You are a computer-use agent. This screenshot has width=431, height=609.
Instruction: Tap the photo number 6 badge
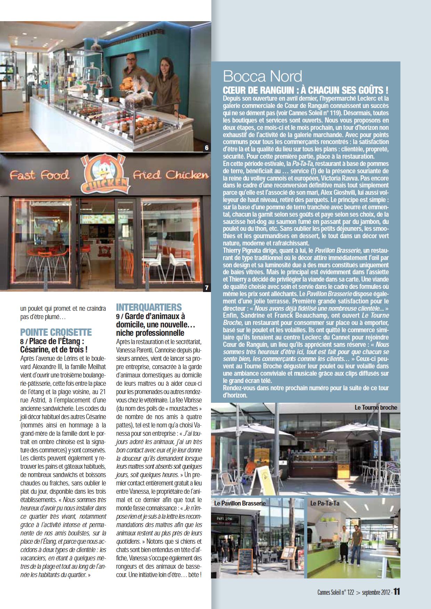207,148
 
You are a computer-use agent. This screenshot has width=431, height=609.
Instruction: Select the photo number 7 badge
207,287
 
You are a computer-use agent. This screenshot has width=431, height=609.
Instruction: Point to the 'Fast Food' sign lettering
39,175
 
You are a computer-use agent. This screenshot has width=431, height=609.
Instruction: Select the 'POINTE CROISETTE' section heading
56,332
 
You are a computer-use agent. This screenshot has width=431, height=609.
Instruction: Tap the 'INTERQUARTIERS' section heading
149,307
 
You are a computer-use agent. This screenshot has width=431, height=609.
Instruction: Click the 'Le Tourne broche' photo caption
376,408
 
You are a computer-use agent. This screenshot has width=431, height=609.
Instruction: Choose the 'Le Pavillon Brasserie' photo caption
240,503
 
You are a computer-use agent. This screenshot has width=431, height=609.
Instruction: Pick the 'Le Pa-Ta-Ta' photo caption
325,503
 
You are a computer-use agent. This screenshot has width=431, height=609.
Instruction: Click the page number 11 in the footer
397,591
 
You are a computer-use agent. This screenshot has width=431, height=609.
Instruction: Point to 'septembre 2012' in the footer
376,592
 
